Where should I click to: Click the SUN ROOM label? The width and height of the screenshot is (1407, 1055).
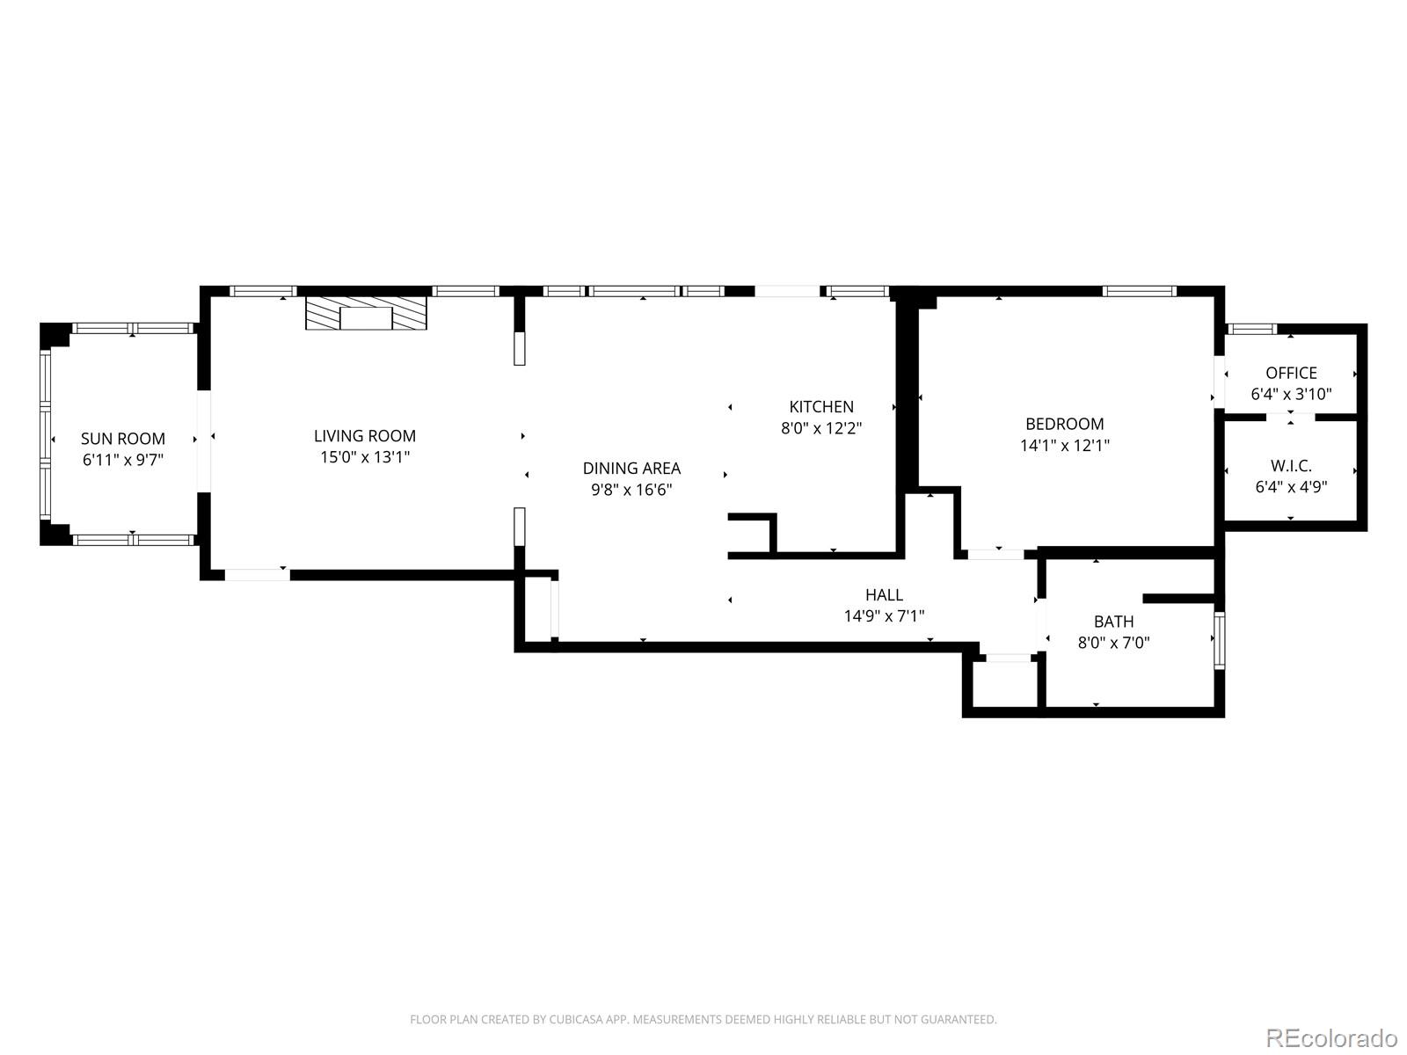tap(123, 439)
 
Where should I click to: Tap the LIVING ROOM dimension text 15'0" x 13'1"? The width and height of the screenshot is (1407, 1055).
tap(365, 457)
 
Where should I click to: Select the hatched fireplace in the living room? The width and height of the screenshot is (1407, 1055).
tap(366, 314)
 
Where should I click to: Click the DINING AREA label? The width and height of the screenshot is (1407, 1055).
tap(631, 469)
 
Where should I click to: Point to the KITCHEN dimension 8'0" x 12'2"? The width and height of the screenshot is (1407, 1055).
tap(821, 429)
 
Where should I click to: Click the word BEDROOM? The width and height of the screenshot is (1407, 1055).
tap(1064, 424)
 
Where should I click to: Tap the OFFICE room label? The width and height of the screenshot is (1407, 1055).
tap(1291, 373)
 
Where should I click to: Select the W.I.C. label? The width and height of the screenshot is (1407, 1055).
tap(1291, 466)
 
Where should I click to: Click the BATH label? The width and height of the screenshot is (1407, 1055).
tap(1113, 622)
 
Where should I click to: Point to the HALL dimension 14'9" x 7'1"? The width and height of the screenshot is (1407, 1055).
tap(884, 616)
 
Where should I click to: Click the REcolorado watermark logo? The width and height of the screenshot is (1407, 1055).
tap(1331, 1037)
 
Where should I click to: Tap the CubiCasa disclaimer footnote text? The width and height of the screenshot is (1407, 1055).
tap(703, 1020)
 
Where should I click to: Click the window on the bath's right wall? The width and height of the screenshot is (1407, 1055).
tap(1219, 640)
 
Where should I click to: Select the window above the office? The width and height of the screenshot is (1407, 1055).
tap(1250, 330)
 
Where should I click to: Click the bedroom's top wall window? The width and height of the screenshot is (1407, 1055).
tap(1140, 291)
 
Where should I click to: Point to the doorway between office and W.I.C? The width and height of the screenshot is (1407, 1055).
tap(1290, 417)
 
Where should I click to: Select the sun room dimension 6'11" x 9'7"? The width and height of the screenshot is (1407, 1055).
tap(123, 459)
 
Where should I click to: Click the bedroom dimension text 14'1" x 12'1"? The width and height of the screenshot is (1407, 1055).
tap(1064, 446)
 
